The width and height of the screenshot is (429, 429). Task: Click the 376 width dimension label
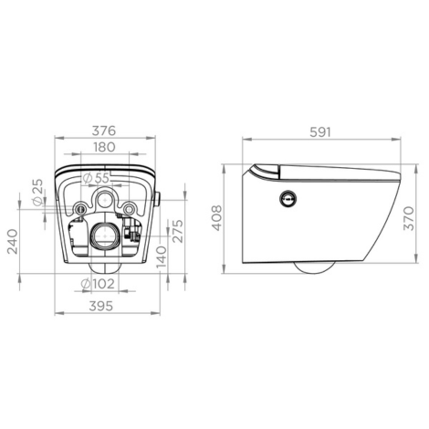[104, 131]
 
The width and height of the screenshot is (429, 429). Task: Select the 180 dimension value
[104, 147]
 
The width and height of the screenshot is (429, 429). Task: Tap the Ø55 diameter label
[97, 178]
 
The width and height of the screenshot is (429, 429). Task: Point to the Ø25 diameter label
[37, 193]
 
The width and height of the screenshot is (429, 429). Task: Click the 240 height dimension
[13, 242]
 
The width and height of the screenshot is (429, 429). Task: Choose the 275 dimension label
[178, 231]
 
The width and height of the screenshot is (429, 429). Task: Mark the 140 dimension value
[162, 257]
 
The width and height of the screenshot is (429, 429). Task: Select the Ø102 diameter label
[98, 284]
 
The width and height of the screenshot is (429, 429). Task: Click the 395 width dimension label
[101, 306]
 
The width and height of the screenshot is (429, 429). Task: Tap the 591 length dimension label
[320, 132]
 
